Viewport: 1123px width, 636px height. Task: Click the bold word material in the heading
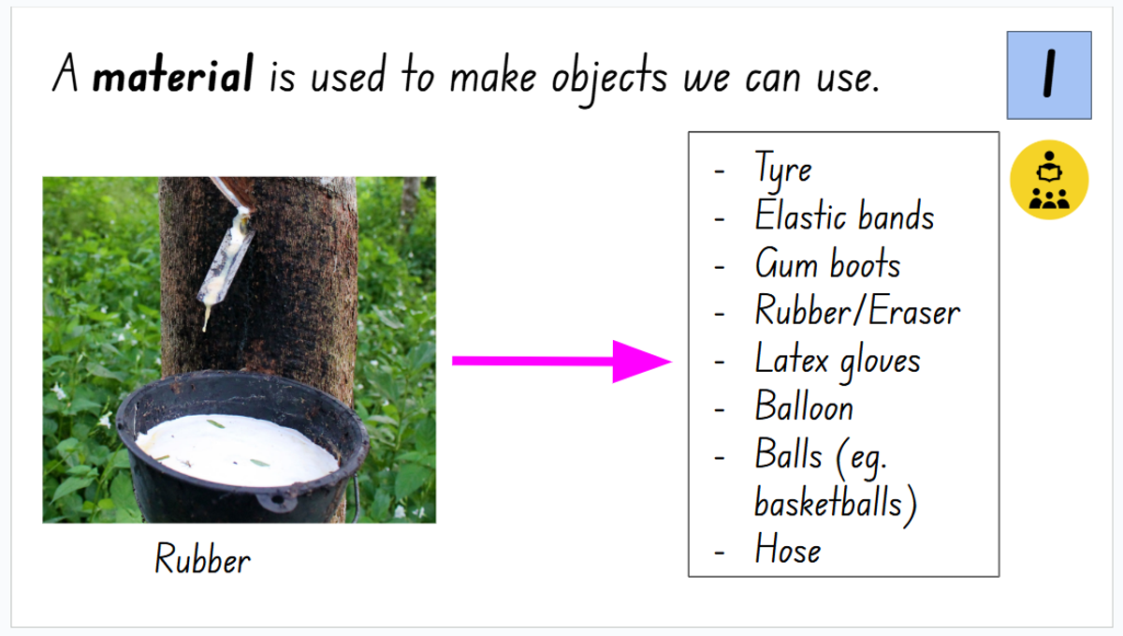point(173,74)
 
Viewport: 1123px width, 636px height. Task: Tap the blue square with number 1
point(1049,75)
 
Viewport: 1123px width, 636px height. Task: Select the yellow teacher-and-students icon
point(1049,180)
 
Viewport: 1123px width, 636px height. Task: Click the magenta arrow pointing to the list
point(561,362)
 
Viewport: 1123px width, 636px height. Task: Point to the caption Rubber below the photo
point(202,558)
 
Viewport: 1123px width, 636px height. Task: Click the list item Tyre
point(783,170)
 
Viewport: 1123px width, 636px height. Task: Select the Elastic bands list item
point(844,215)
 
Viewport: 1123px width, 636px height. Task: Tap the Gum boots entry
point(827,263)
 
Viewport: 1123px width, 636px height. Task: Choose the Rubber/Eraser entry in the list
point(857,311)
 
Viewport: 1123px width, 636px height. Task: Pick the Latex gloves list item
point(838,361)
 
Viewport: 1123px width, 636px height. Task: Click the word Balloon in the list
point(804,407)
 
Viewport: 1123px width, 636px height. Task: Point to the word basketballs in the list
point(828,502)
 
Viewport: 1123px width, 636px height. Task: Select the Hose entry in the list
point(788,549)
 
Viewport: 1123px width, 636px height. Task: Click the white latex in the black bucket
point(237,450)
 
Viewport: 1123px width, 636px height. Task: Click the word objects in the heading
point(609,79)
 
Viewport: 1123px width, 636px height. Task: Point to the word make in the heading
point(493,76)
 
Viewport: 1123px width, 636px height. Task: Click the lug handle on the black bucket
point(277,501)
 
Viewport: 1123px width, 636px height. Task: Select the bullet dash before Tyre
point(720,171)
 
